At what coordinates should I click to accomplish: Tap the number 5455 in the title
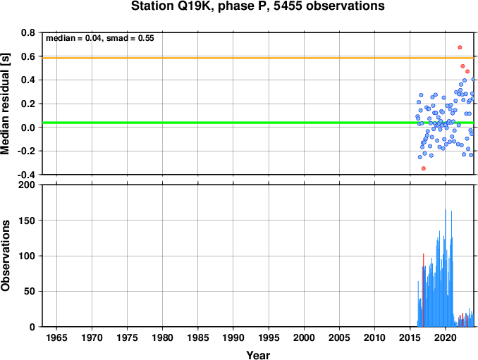click(x=288, y=6)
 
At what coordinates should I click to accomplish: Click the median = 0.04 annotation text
click(x=73, y=38)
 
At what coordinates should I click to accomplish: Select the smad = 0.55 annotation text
click(x=130, y=38)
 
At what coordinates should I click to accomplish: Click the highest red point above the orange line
click(x=460, y=47)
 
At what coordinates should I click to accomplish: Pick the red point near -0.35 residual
click(x=424, y=168)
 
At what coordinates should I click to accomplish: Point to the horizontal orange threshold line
click(x=258, y=58)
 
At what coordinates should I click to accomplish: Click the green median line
click(x=258, y=123)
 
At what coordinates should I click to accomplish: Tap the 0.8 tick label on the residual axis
click(x=28, y=32)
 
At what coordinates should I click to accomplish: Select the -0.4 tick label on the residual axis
click(x=26, y=175)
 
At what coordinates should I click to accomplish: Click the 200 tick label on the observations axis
click(x=27, y=185)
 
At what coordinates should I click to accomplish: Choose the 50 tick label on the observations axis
click(x=30, y=292)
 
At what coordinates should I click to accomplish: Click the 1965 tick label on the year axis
click(x=56, y=337)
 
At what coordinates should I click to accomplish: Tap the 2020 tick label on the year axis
click(x=446, y=337)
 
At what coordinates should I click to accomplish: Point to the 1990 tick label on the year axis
click(x=233, y=337)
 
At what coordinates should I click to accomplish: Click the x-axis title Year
click(x=258, y=355)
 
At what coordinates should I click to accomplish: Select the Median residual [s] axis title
click(x=5, y=104)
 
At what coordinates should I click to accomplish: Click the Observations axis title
click(x=5, y=256)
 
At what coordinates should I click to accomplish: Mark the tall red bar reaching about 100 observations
click(x=424, y=290)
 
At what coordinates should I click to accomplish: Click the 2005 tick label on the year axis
click(x=339, y=337)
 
